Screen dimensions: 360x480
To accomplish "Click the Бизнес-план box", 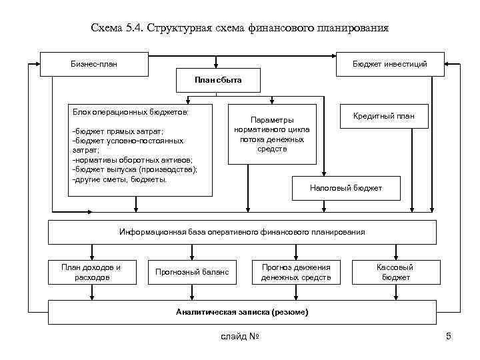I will tap(93, 64).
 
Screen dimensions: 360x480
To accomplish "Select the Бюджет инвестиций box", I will tap(389, 64).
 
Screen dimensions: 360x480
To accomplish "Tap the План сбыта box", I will tap(218, 81).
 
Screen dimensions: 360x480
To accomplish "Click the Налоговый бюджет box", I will tap(346, 188).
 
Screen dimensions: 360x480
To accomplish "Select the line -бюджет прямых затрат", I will tap(116, 131).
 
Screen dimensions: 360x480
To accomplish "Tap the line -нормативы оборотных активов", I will tap(131, 161).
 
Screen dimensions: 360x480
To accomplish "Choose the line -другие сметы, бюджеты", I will tap(119, 180).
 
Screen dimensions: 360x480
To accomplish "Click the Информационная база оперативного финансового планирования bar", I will tap(242, 232).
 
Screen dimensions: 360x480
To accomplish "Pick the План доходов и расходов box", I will tap(91, 272).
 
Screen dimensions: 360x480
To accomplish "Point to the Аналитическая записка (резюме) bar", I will tap(242, 312).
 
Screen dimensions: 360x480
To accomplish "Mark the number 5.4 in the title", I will tap(135, 29).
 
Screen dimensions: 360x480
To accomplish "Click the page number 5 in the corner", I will tap(449, 336).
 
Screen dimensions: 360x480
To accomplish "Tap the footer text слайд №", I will tap(239, 336).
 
